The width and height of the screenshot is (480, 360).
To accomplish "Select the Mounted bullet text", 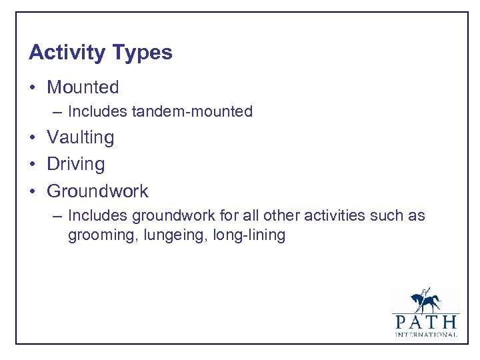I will tap(83, 87).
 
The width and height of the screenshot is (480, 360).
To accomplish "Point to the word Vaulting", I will tap(80, 138).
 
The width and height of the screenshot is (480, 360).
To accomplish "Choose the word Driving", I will tap(75, 165).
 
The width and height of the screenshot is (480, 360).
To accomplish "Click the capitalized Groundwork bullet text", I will tap(97, 191).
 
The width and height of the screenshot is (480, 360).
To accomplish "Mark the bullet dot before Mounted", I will tap(33, 88).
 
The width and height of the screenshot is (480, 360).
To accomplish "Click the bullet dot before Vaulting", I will tap(33, 138).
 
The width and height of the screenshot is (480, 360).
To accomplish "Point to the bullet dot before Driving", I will tap(33, 165).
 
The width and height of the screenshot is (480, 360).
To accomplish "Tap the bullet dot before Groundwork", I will tap(33, 191).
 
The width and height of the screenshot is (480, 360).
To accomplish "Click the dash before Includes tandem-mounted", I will tap(57, 112).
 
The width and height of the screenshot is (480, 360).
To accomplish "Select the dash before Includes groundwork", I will tap(57, 216).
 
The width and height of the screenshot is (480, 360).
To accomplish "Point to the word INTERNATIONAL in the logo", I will tap(425, 335).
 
